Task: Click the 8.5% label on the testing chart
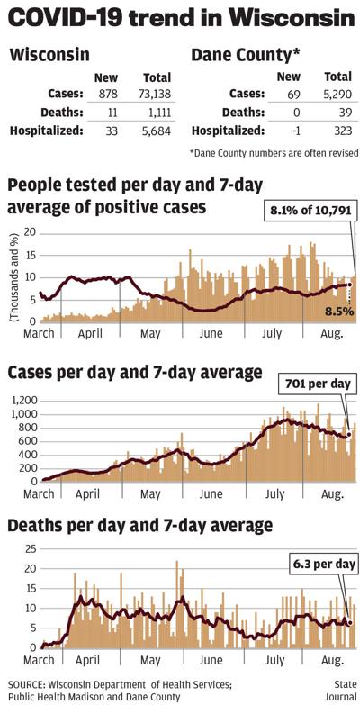[x=338, y=312]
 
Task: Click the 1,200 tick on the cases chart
[x=21, y=399]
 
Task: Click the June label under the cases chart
[x=210, y=494]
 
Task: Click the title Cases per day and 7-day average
[x=135, y=372]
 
